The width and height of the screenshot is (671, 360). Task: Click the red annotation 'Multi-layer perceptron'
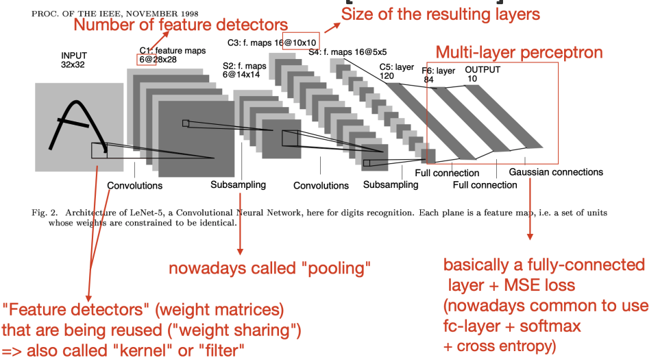(520, 52)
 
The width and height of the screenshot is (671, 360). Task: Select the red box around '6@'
(146, 60)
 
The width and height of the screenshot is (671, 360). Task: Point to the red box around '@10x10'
(300, 41)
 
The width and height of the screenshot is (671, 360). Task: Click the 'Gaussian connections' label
(556, 172)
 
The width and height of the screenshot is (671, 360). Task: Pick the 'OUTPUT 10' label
(483, 74)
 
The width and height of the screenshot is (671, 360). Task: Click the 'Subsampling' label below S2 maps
(239, 184)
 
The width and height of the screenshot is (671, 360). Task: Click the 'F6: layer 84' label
(438, 75)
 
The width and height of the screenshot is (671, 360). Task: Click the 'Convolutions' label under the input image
(135, 185)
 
